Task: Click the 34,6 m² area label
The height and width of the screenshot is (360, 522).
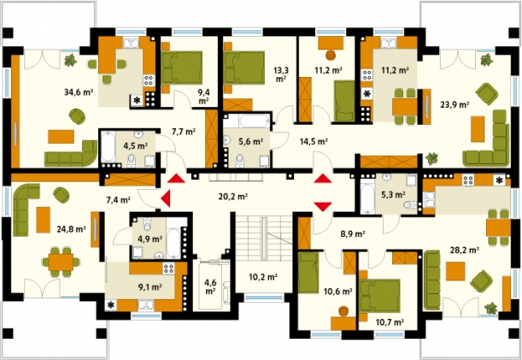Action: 79,92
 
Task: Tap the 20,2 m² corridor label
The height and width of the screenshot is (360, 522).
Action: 232,197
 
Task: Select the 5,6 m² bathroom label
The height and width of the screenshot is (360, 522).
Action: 251,142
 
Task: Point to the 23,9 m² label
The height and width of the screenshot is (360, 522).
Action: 455,104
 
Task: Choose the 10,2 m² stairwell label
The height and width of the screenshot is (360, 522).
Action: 263,277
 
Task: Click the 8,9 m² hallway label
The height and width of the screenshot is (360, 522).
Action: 353,234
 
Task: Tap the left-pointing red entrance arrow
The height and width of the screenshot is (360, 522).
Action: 166,199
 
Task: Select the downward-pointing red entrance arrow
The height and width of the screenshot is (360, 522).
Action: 323,207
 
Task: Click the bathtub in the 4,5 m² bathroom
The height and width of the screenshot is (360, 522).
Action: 108,147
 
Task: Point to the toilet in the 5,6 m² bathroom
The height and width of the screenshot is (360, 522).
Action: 239,161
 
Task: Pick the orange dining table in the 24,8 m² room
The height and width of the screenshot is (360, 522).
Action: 61,262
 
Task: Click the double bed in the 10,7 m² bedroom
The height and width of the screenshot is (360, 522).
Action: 380,296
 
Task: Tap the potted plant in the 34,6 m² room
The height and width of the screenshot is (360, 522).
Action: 70,61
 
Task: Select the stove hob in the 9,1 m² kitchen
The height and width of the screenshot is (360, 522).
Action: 169,269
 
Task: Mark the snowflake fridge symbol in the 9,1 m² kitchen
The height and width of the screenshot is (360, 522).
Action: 111,304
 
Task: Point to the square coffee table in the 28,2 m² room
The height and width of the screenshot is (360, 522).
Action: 455,271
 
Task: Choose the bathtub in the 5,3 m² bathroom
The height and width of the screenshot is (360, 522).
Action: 367,197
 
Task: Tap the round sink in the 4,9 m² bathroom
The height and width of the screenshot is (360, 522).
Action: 159,256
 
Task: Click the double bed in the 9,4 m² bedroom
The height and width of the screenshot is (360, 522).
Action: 182,68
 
